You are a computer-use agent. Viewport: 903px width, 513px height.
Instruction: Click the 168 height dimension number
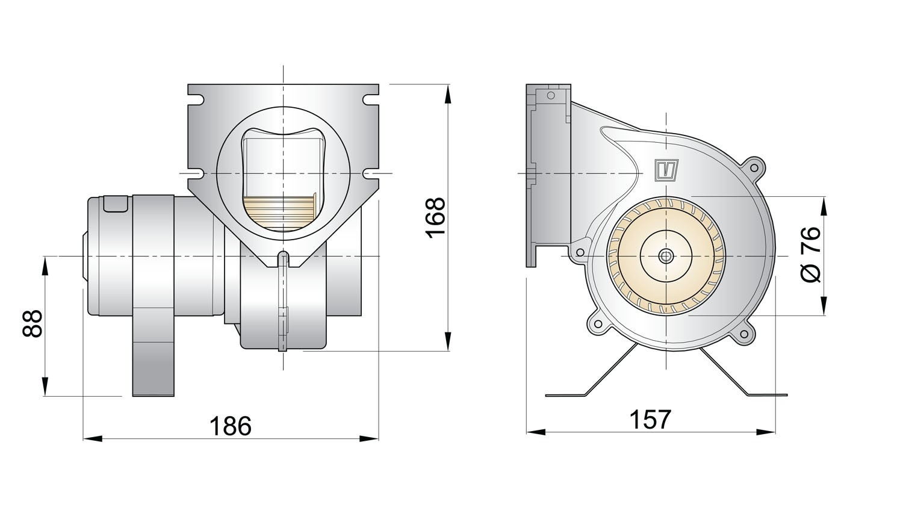coord(435,217)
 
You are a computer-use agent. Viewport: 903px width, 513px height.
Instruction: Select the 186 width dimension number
coord(230,426)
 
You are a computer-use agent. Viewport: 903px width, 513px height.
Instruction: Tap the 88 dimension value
coord(33,323)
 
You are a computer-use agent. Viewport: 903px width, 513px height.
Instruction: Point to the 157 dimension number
coord(650,420)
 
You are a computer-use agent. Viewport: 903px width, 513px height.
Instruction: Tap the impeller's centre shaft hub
coord(666,256)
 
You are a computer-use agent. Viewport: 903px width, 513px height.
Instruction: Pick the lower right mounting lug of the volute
coord(745,335)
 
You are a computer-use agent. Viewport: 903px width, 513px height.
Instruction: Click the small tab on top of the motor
coord(116,204)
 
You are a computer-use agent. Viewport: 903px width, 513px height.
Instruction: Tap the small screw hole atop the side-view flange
coord(550,95)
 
